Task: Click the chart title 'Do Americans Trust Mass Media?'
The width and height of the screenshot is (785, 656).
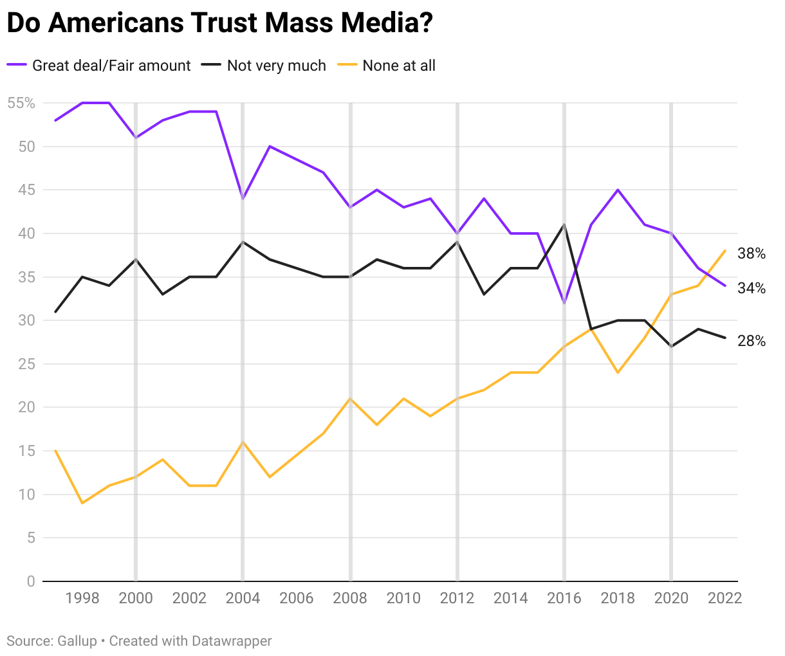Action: [x=219, y=24]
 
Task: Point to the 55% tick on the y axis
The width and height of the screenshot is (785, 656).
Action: [x=21, y=103]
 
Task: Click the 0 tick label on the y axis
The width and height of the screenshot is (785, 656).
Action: [x=30, y=581]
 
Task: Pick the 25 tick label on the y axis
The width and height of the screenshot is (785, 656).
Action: [x=26, y=364]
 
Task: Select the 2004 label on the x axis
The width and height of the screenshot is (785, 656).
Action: [x=243, y=598]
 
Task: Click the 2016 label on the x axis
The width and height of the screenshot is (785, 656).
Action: [x=564, y=598]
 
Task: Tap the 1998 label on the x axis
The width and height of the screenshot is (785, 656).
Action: [x=82, y=598]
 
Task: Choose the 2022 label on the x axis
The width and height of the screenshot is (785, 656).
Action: [x=725, y=598]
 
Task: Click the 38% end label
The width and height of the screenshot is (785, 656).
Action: [x=752, y=254]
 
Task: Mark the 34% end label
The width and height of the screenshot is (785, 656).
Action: [x=752, y=289]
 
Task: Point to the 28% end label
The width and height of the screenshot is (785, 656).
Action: [x=752, y=342]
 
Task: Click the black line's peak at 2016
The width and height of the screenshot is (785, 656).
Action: [x=564, y=225]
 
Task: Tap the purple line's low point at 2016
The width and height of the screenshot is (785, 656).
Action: [x=564, y=303]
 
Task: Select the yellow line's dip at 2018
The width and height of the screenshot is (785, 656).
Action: [x=618, y=372]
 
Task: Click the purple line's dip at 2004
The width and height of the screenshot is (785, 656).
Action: [x=243, y=199]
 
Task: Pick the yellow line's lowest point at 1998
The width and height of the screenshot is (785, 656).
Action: [x=82, y=503]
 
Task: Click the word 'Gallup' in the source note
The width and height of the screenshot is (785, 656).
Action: [x=77, y=641]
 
